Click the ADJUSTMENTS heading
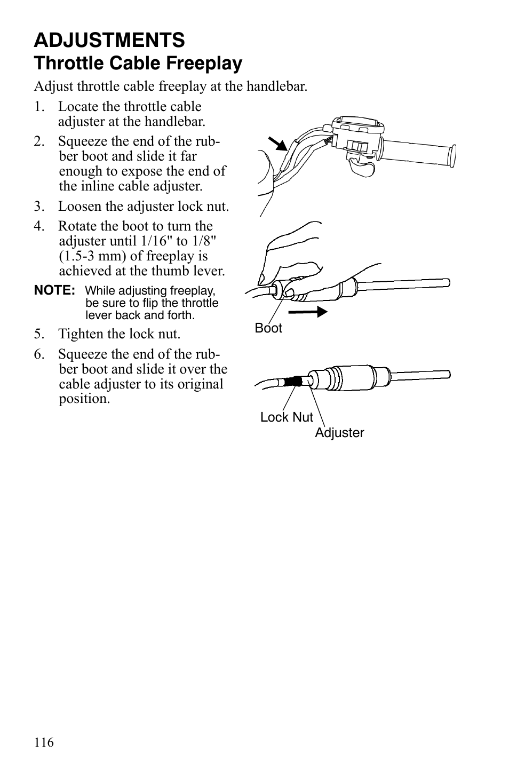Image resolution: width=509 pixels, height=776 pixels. tap(109, 40)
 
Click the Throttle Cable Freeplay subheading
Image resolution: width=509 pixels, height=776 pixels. tap(138, 64)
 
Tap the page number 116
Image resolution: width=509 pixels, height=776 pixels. tap(44, 742)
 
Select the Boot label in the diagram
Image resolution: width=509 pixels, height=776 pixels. tap(268, 328)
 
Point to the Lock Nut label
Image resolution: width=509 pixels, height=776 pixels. tap(287, 417)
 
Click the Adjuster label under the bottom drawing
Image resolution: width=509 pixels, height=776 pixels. tap(339, 433)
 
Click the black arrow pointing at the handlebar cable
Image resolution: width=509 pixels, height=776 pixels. tap(276, 144)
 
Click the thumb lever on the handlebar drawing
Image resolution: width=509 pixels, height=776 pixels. tap(362, 169)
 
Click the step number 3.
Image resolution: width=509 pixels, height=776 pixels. tap(38, 207)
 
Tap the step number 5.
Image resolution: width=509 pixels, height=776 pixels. tap(38, 334)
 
